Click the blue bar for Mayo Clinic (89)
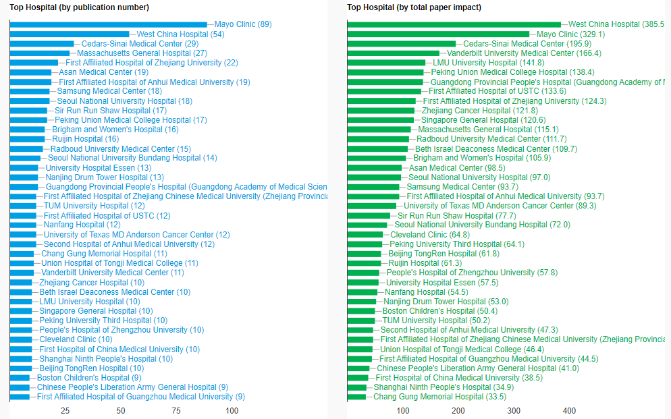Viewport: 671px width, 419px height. coord(108,24)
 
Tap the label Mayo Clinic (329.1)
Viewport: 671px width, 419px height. coord(570,34)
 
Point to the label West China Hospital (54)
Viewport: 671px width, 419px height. coord(180,34)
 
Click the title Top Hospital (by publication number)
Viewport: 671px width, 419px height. coord(79,7)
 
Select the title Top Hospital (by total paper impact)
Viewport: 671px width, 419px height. coord(414,7)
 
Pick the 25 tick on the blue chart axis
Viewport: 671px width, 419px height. coord(65,411)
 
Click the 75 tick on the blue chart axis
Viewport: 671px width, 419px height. coord(176,411)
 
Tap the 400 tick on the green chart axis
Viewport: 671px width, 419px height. coord(569,411)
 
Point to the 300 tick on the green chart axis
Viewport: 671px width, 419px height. coord(514,411)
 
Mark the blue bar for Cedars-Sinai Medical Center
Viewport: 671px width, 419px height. coord(42,43)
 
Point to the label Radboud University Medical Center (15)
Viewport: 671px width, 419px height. coord(120,148)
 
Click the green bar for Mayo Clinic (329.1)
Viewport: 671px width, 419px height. coord(438,34)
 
